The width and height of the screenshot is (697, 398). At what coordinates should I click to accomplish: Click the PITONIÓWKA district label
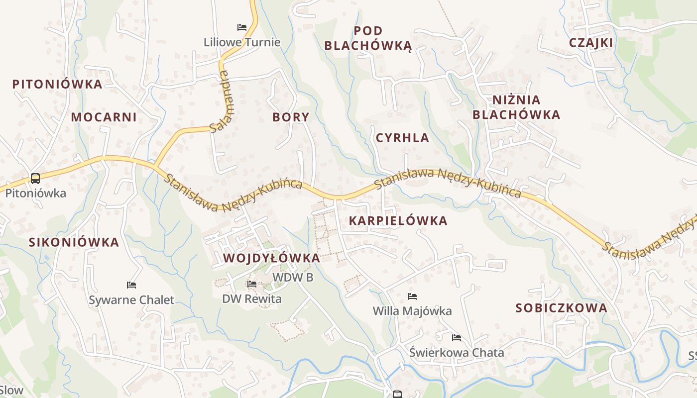click(57, 84)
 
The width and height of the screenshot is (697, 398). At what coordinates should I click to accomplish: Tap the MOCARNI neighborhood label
click(104, 117)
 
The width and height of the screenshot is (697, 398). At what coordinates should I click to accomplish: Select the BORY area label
click(291, 117)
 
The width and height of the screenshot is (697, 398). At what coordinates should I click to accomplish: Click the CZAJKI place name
click(591, 43)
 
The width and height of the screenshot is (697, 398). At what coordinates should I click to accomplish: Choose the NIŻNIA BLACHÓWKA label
click(516, 107)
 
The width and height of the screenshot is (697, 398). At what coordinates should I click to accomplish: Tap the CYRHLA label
click(402, 138)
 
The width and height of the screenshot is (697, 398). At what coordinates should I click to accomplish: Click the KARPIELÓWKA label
click(398, 221)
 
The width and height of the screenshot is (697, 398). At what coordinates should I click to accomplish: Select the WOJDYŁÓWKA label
click(271, 258)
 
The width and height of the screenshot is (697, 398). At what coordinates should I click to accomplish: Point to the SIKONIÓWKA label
click(74, 243)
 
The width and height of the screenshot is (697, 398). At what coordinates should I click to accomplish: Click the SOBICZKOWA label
click(561, 308)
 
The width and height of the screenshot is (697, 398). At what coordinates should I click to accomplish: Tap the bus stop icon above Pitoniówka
click(35, 178)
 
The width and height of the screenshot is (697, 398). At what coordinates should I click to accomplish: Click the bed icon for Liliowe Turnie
click(242, 27)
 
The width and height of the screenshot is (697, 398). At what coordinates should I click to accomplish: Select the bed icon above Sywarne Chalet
click(131, 285)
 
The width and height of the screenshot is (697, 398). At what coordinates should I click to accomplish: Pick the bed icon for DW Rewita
click(252, 284)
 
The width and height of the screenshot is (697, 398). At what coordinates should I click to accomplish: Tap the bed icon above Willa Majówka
click(412, 297)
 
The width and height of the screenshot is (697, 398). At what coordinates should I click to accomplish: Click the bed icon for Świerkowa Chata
click(457, 338)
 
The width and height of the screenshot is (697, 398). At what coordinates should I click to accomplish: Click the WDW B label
click(293, 277)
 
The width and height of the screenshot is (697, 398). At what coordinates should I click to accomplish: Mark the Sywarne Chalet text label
click(131, 300)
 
